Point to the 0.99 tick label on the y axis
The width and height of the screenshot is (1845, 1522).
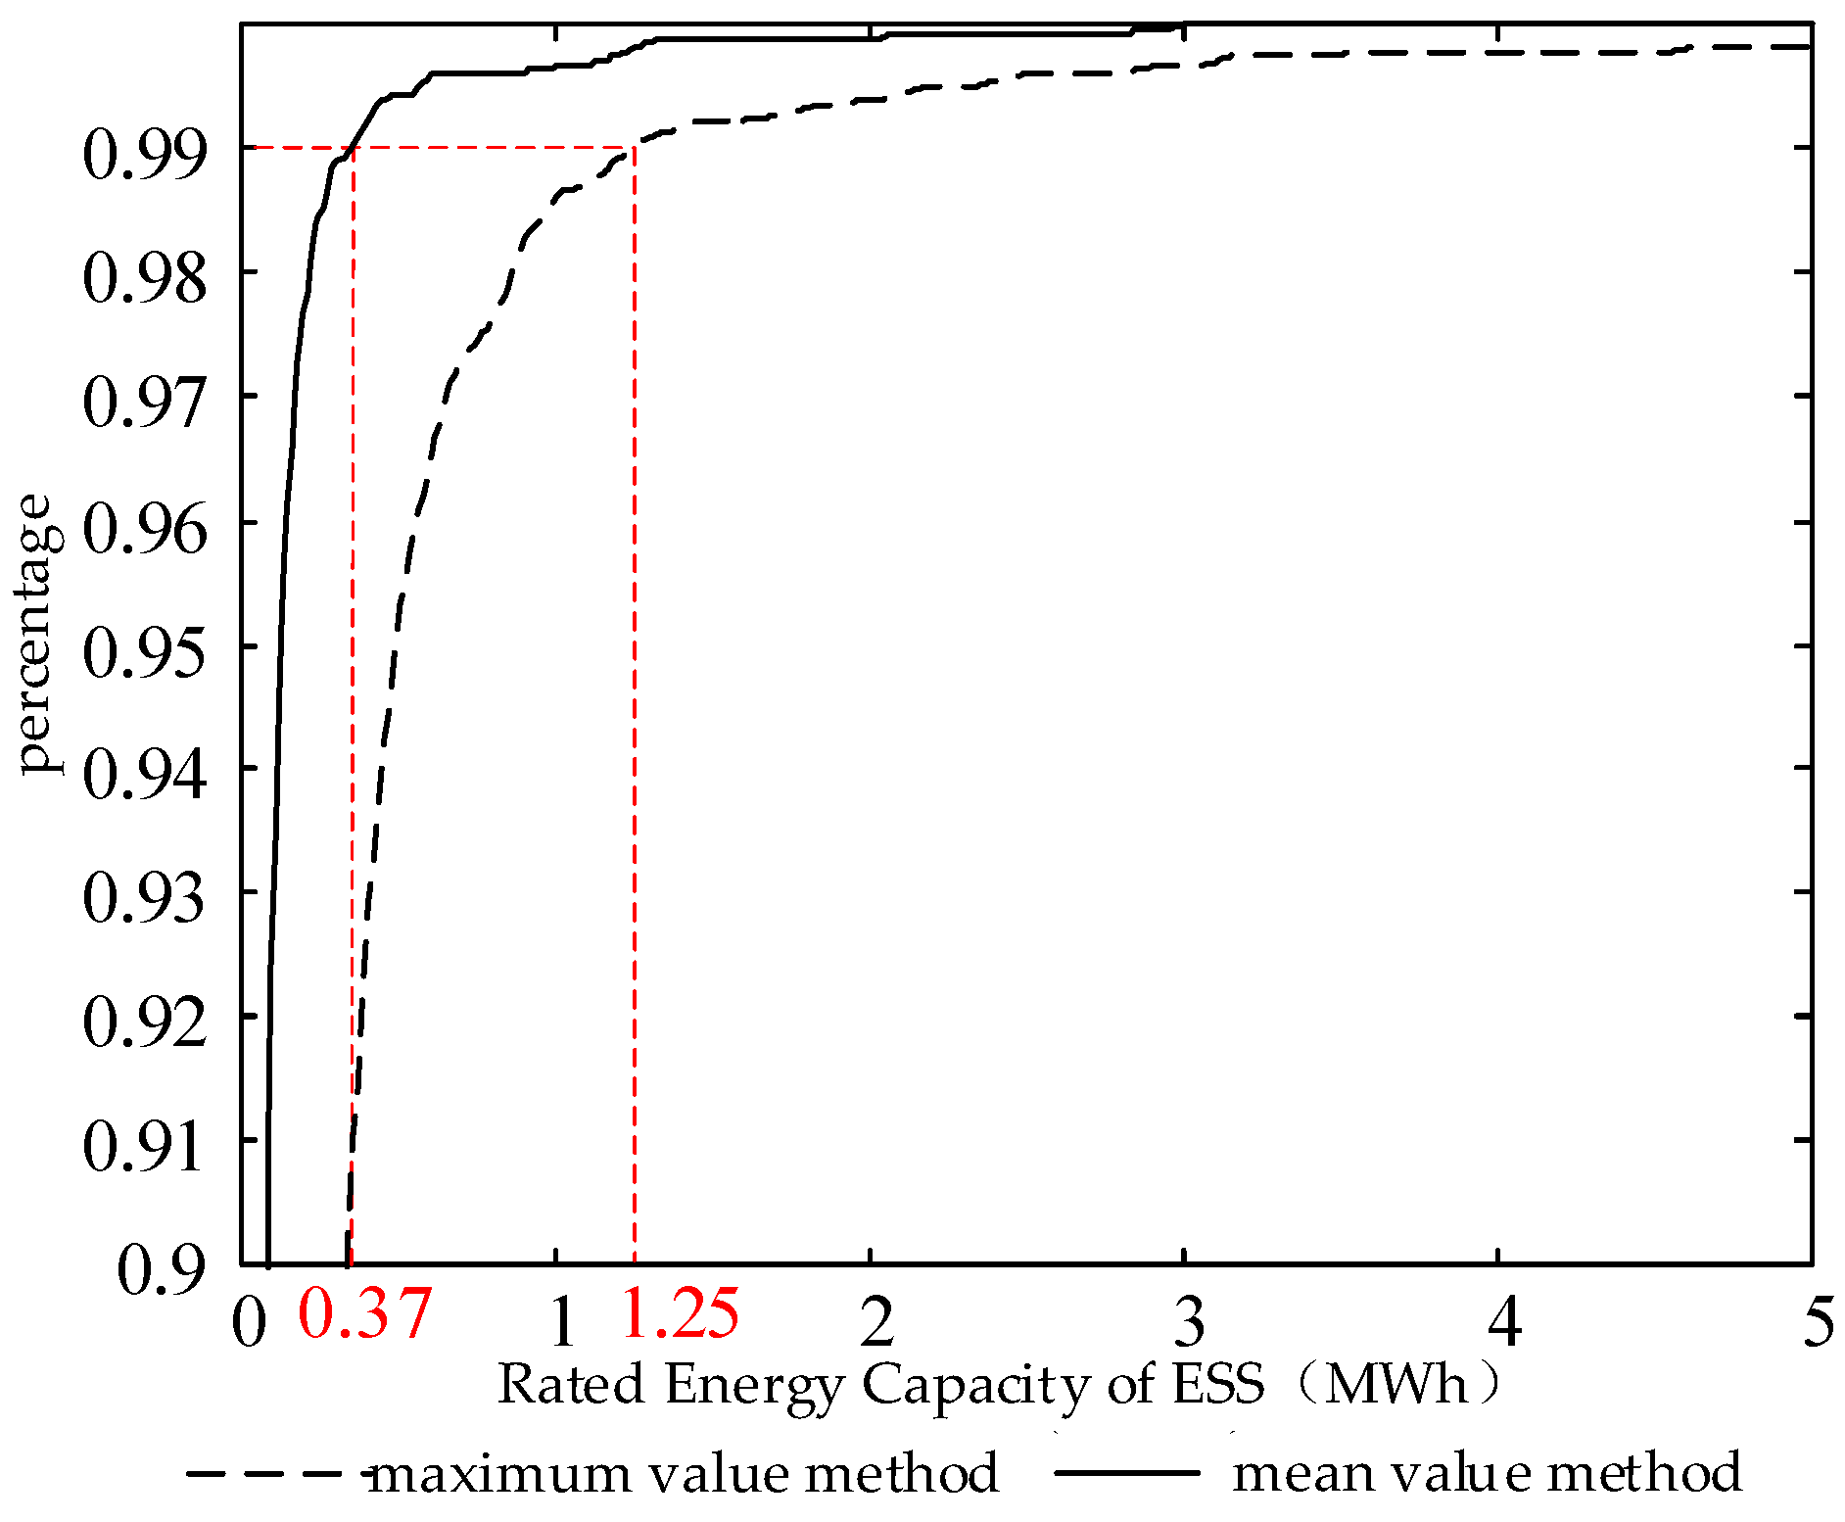coord(145,155)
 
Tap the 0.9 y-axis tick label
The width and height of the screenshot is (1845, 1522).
coord(162,1271)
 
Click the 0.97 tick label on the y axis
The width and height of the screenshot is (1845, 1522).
coord(145,403)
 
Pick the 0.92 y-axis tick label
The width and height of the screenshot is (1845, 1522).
coord(145,1023)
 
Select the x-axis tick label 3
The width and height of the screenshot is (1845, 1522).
coord(1189,1322)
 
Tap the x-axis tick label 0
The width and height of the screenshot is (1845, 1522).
coord(249,1322)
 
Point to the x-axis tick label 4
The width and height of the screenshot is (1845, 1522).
coord(1504,1322)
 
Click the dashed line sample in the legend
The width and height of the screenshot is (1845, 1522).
coord(274,1472)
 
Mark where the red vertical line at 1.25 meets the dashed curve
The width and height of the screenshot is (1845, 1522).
coord(635,147)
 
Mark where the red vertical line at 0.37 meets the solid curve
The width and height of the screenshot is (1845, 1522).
coord(353,147)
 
